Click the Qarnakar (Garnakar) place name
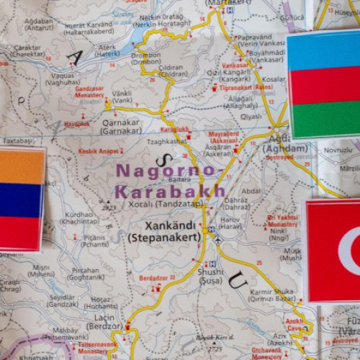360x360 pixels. click(x=121, y=127)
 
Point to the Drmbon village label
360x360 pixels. click(x=146, y=57)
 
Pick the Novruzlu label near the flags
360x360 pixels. click(x=336, y=150)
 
